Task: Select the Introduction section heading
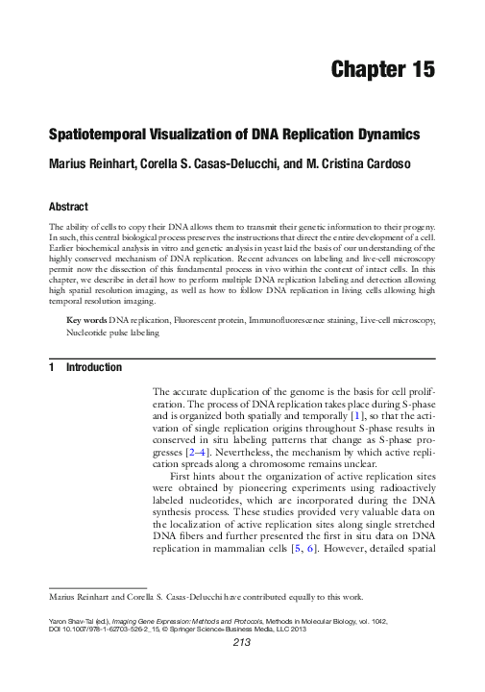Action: pos(93,368)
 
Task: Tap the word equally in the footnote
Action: pos(301,596)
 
